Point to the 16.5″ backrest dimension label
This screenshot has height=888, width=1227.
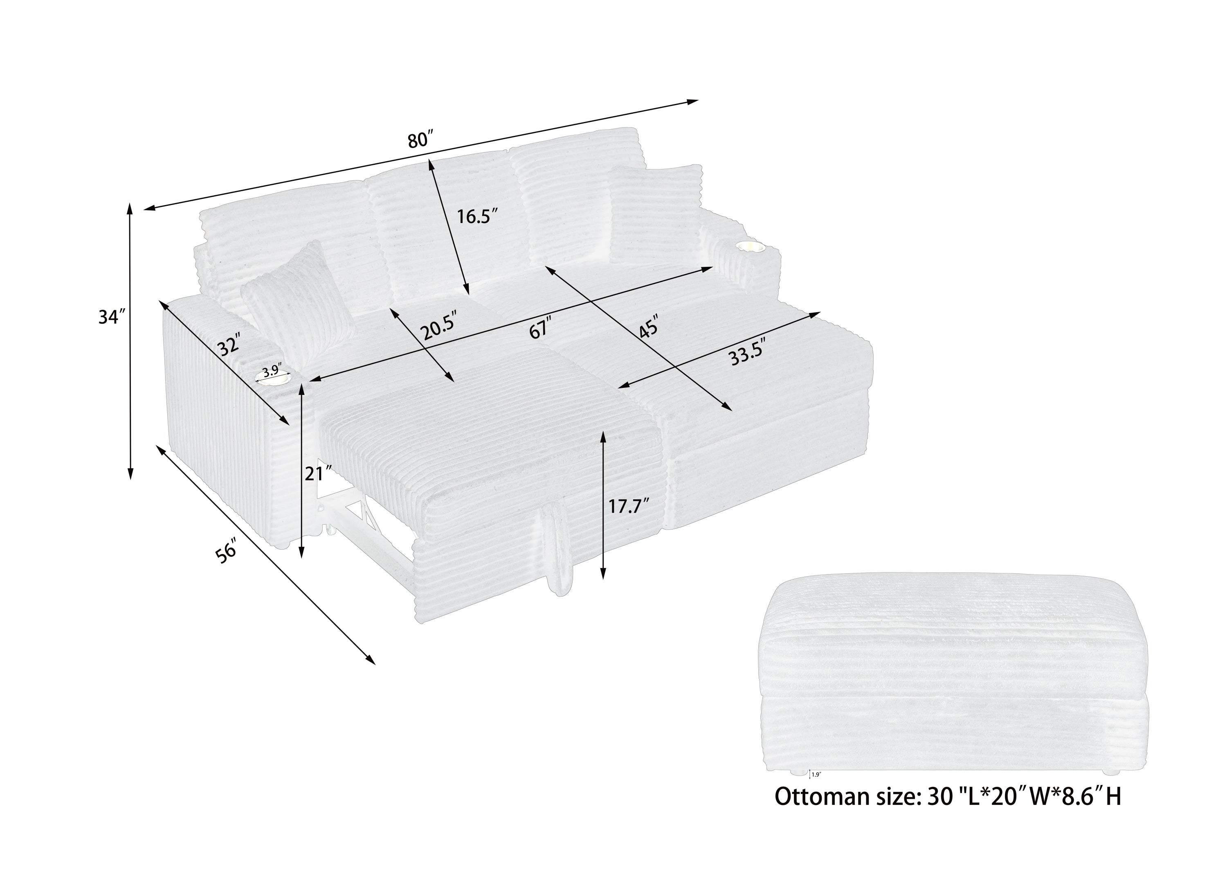[x=476, y=216]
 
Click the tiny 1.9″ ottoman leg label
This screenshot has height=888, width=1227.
[x=816, y=774]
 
